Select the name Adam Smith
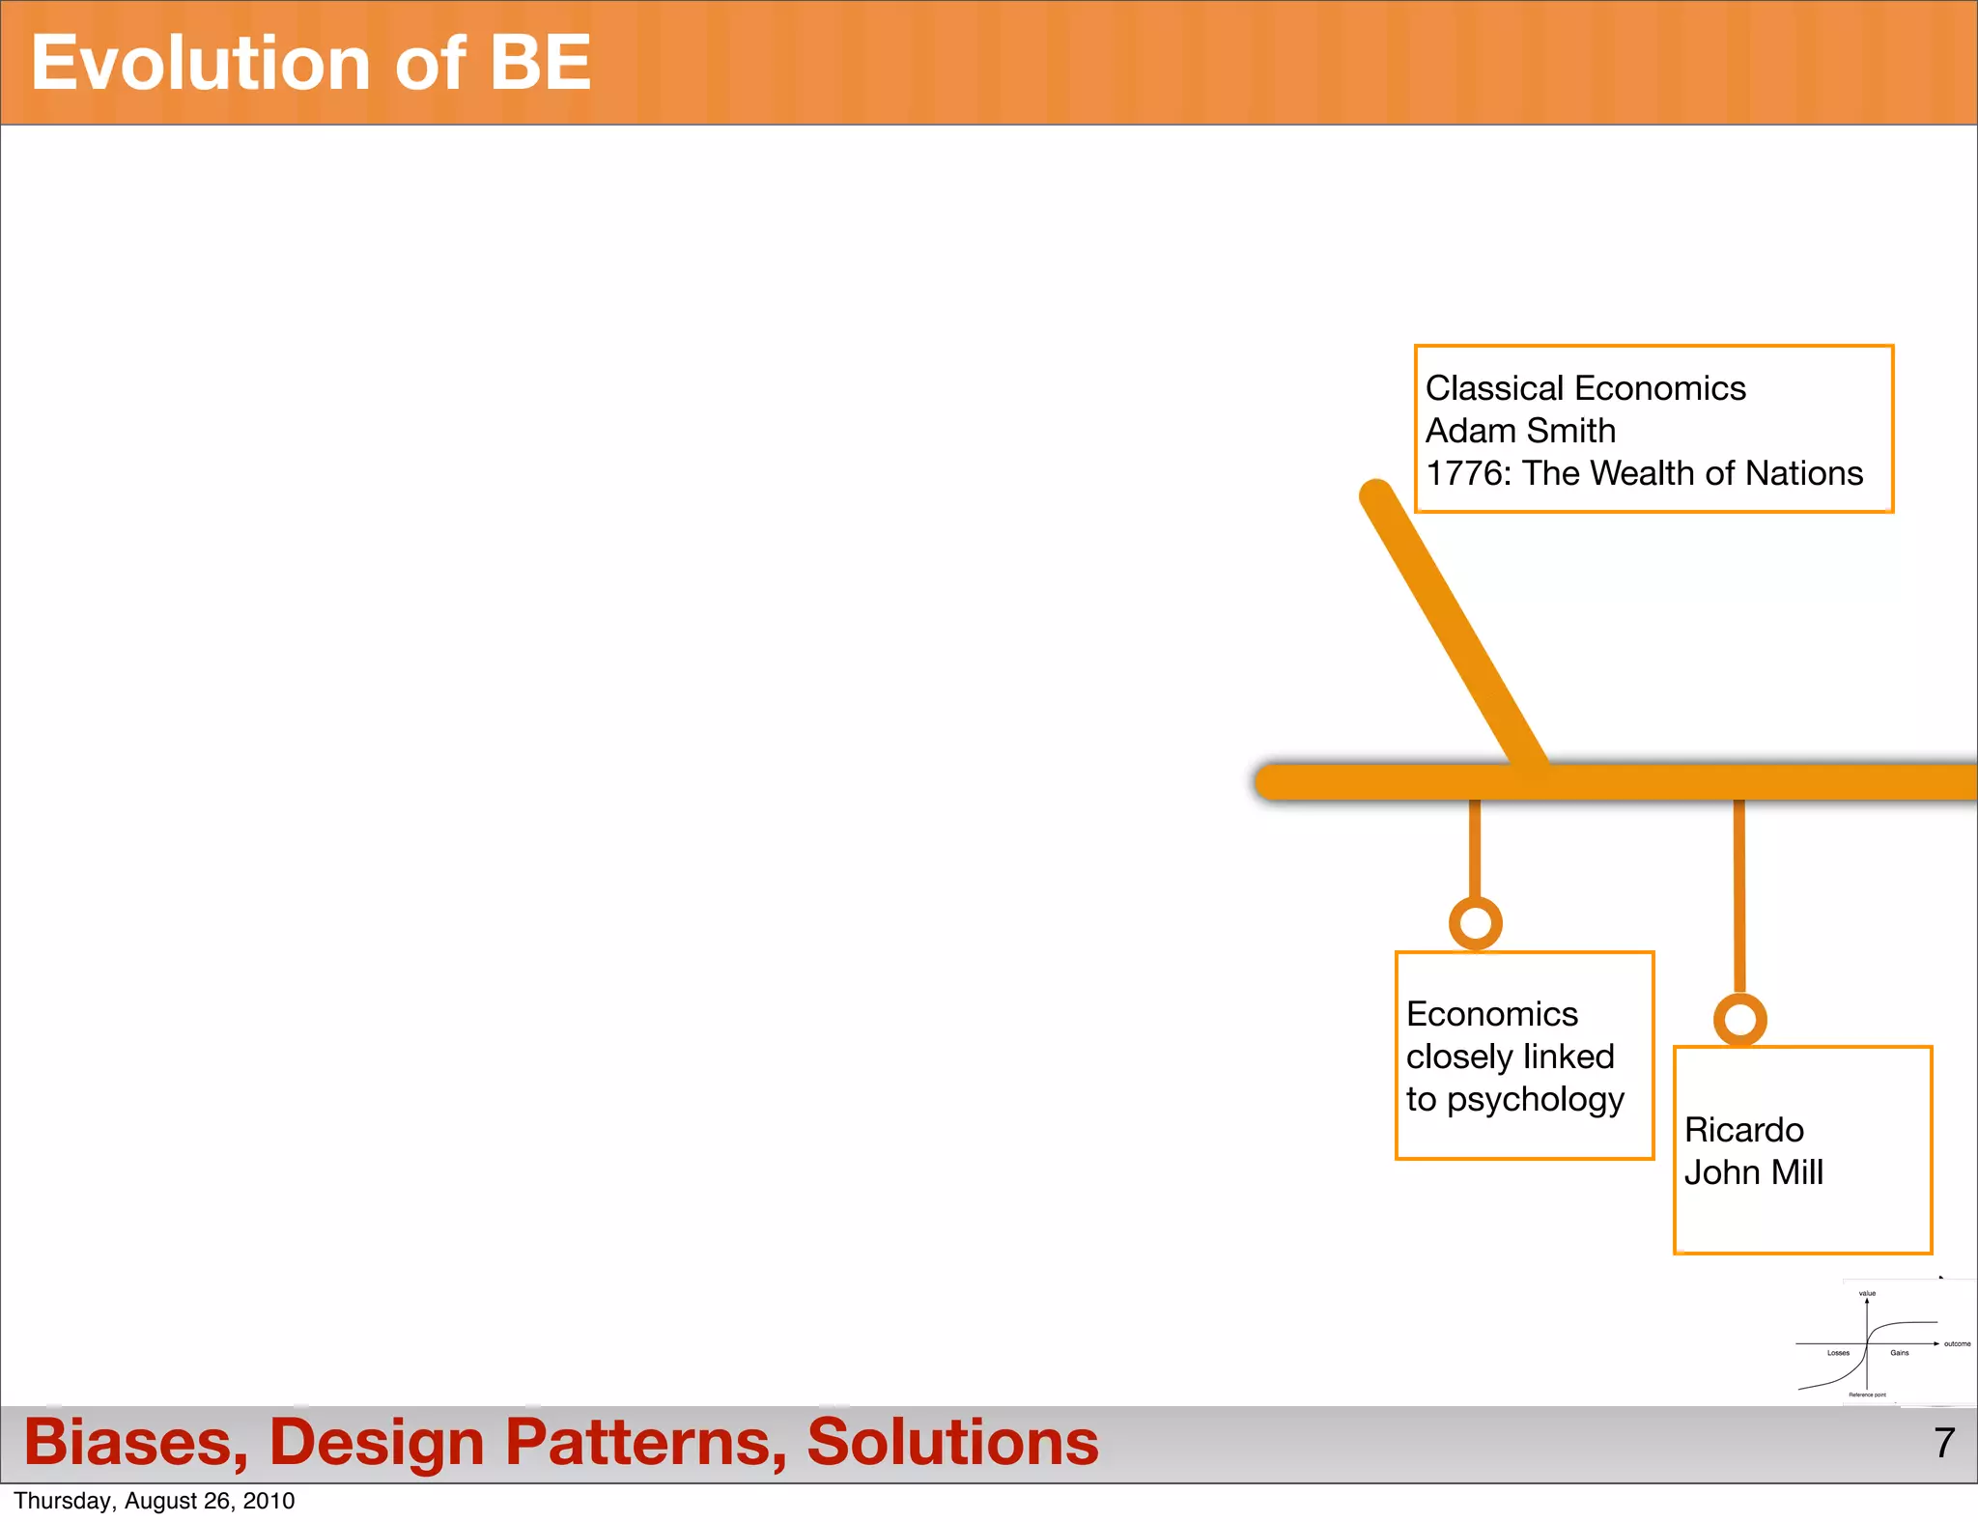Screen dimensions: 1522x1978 click(1520, 431)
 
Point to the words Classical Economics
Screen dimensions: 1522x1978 click(1585, 388)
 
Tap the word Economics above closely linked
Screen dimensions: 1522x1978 click(1492, 1014)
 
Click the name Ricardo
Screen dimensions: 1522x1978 click(1743, 1130)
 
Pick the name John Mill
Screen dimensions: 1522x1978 click(1753, 1172)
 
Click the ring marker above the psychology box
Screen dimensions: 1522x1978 click(1475, 923)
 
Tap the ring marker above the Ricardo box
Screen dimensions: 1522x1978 click(1739, 1020)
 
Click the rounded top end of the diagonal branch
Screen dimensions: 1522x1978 click(1375, 495)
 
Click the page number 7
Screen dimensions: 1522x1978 click(1944, 1443)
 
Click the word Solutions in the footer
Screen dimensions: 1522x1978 click(952, 1443)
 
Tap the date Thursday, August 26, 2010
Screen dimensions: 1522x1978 click(155, 1501)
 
